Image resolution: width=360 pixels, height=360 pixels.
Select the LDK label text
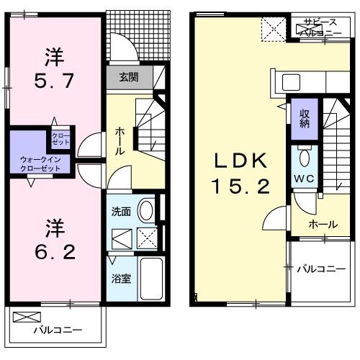[240, 160]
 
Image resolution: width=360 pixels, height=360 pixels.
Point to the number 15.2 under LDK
[240, 187]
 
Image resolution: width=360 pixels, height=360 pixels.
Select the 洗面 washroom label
[121, 212]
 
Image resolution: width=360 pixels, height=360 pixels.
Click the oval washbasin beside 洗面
[145, 210]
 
